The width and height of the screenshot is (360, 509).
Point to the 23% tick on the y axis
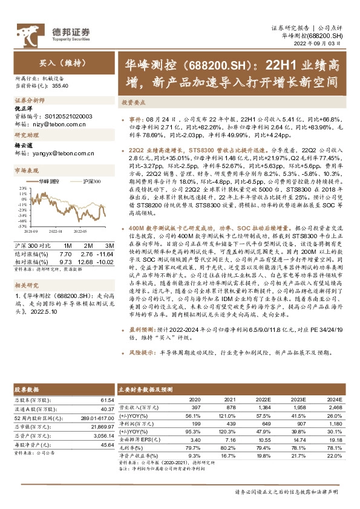click(x=22, y=189)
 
